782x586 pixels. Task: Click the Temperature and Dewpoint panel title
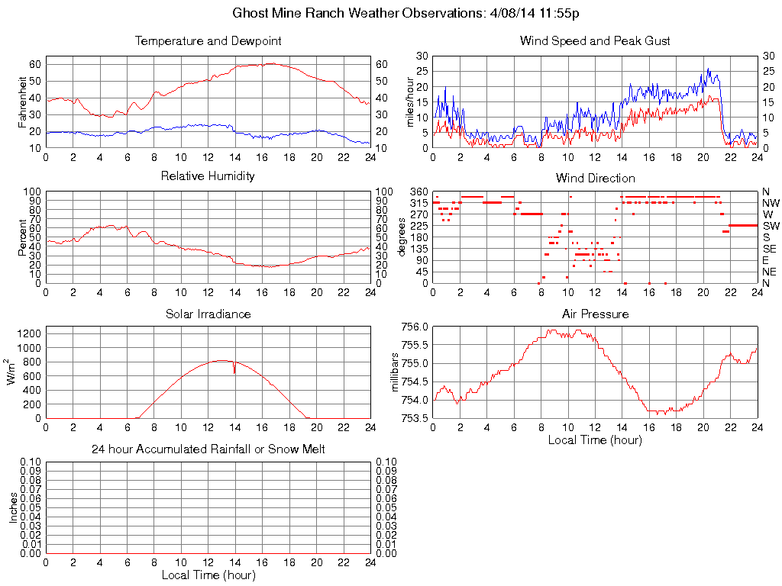pos(208,41)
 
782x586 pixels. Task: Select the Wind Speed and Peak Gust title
pos(595,41)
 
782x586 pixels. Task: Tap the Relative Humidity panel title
pos(208,177)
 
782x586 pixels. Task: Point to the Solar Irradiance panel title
pos(208,314)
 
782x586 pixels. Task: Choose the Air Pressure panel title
pos(595,314)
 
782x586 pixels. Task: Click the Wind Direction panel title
pos(595,178)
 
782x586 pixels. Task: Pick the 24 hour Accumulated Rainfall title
pos(208,449)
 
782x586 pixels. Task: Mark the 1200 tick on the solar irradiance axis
pos(30,333)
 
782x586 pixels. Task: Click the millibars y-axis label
pos(395,372)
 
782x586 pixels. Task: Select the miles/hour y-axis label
pos(409,101)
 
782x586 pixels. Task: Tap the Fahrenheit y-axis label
pos(22,101)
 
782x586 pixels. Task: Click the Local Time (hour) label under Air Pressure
pos(595,439)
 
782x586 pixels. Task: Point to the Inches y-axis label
pos(13,507)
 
